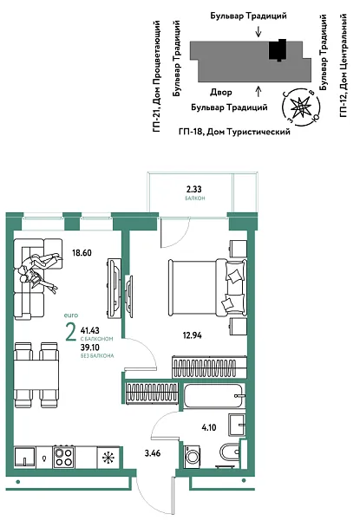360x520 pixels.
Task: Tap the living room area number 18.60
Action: pos(82,253)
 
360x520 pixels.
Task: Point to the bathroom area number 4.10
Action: pos(208,426)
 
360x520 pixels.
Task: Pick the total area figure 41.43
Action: pos(89,331)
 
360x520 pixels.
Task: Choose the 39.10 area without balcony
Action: pos(89,346)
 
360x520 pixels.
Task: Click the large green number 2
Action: pos(69,333)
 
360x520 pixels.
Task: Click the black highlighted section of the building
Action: pos(278,51)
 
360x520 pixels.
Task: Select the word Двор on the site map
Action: pos(219,91)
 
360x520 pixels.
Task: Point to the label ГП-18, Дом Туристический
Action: pos(233,130)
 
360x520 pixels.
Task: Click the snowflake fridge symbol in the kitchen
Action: pos(108,458)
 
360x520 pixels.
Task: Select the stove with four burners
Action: pos(65,457)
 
